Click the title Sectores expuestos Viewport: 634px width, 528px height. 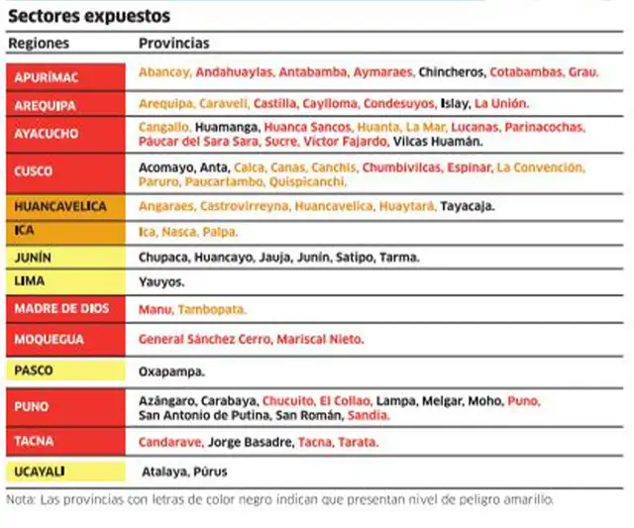88,17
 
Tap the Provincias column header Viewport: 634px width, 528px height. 173,45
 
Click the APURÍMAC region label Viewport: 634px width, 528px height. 47,76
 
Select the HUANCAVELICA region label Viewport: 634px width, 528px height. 59,206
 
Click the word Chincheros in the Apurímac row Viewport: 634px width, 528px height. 451,72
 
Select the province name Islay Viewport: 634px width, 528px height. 454,103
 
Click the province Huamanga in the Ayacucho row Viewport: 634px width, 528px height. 228,128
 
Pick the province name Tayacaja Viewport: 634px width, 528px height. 467,206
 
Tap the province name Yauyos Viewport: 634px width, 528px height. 161,282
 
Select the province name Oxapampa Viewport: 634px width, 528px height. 171,371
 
